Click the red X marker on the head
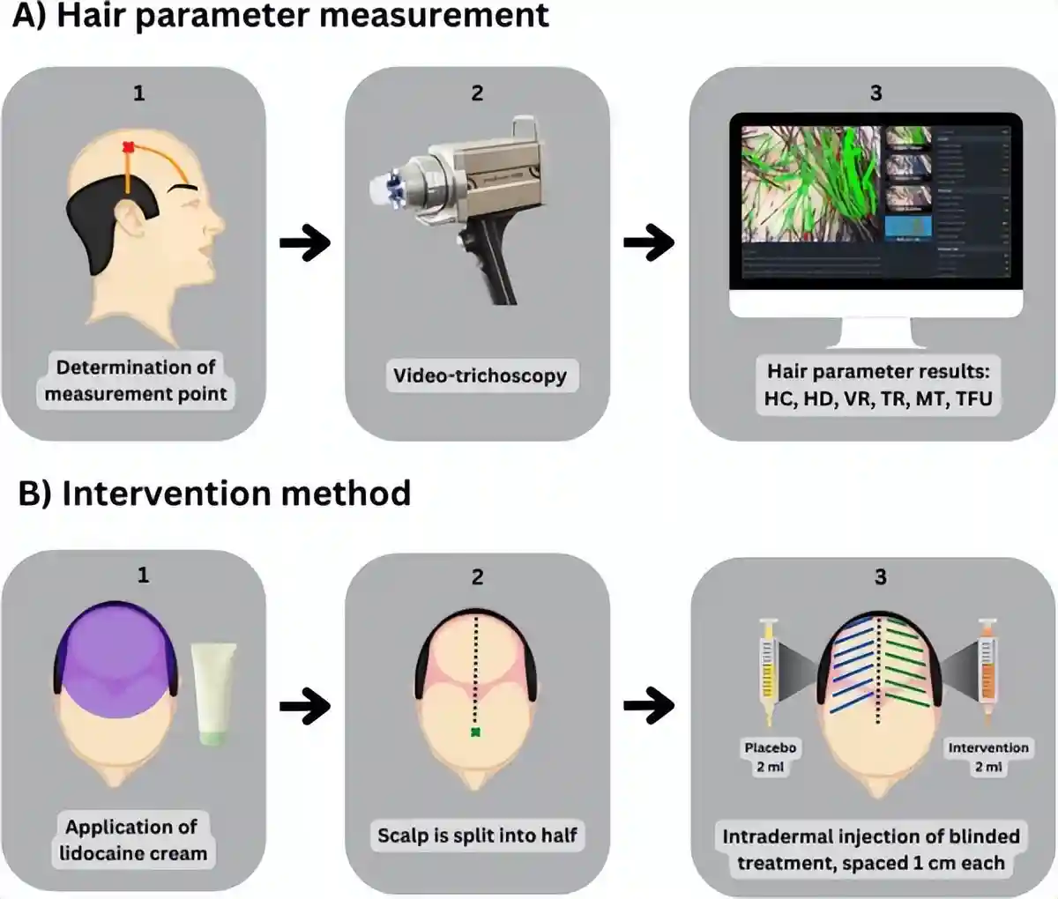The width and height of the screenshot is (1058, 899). (x=128, y=147)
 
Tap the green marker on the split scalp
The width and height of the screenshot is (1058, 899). (x=476, y=732)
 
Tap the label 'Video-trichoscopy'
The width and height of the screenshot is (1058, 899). (x=480, y=376)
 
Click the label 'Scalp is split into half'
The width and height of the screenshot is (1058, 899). (x=477, y=835)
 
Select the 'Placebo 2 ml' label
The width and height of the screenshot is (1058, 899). (x=770, y=757)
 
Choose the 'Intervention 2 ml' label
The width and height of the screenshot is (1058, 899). (x=988, y=757)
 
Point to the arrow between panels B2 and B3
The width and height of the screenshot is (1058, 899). (x=649, y=704)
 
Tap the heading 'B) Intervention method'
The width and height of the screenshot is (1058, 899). (x=214, y=494)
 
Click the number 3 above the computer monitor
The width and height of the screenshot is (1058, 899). (x=875, y=93)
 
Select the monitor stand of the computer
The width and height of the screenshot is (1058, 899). (x=875, y=332)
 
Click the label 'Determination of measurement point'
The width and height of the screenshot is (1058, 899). (x=136, y=381)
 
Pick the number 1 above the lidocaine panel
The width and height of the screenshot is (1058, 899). (x=143, y=576)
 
